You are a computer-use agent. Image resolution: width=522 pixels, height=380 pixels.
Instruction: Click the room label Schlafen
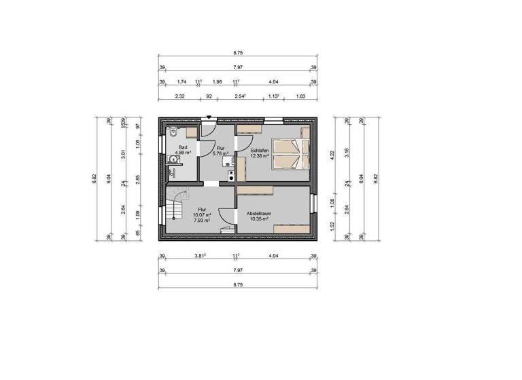pos(260,150)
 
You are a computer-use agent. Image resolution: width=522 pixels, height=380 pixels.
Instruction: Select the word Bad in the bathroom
pos(182,147)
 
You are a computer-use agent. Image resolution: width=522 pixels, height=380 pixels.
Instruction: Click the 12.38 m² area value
pos(260,156)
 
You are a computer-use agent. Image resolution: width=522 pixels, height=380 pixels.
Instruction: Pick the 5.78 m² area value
pos(220,153)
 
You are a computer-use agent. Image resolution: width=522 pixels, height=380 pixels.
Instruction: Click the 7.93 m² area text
pos(203,221)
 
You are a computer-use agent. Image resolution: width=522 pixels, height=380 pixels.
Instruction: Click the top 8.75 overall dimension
pos(237,52)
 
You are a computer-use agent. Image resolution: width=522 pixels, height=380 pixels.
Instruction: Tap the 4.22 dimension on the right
pos(332,153)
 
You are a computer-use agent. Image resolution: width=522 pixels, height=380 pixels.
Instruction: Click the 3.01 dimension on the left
pos(123,153)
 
